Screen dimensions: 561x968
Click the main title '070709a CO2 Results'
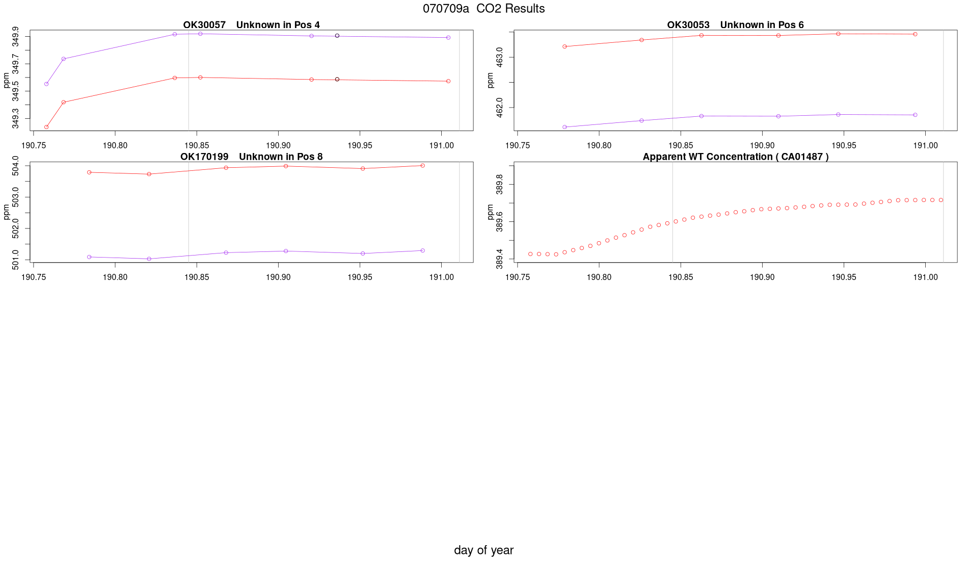tap(483, 9)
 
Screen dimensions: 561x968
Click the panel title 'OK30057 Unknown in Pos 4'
tap(251, 25)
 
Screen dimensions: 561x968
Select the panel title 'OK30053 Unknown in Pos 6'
tap(735, 25)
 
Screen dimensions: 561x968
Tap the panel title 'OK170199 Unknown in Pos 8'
tap(251, 157)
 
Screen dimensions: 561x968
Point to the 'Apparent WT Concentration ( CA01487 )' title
tap(735, 157)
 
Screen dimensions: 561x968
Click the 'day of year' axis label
tap(483, 550)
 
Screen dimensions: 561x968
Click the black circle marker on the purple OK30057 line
tap(337, 36)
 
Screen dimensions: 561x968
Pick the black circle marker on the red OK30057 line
tap(337, 80)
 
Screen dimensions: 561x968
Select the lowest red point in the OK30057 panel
tap(46, 127)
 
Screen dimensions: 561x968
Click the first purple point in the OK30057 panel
tap(46, 84)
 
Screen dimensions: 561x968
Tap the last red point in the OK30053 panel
tap(915, 34)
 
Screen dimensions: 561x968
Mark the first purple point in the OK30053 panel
tap(564, 127)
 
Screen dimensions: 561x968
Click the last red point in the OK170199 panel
tap(423, 166)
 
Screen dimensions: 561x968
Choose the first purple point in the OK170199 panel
tap(89, 257)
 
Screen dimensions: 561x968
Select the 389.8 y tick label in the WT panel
tap(500, 184)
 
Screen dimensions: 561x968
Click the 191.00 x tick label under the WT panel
tap(925, 277)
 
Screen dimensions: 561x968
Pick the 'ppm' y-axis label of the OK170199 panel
tap(7, 212)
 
